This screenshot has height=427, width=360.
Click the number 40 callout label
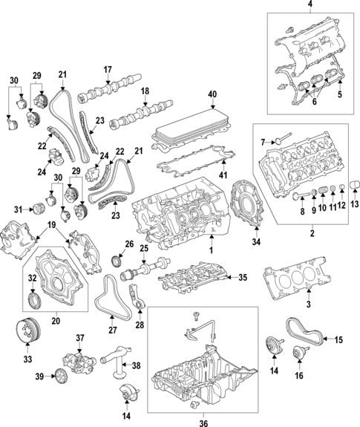pyautogui.click(x=212, y=94)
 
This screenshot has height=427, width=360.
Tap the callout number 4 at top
pyautogui.click(x=310, y=4)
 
